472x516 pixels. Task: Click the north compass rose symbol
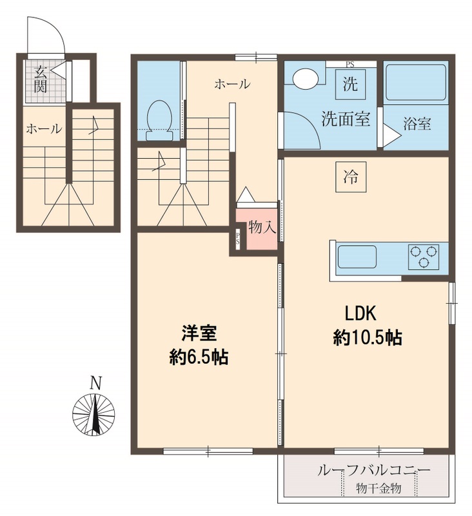[95, 413]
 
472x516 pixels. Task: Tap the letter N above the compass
[95, 382]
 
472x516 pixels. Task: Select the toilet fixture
[159, 121]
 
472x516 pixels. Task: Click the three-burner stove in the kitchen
[423, 255]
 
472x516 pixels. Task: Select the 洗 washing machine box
[349, 84]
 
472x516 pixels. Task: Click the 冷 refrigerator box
[350, 175]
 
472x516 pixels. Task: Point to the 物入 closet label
[262, 228]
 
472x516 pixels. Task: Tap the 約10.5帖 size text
[368, 337]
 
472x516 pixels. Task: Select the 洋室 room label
[198, 334]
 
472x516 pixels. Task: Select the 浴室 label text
[417, 124]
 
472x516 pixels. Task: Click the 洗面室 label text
[346, 119]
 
